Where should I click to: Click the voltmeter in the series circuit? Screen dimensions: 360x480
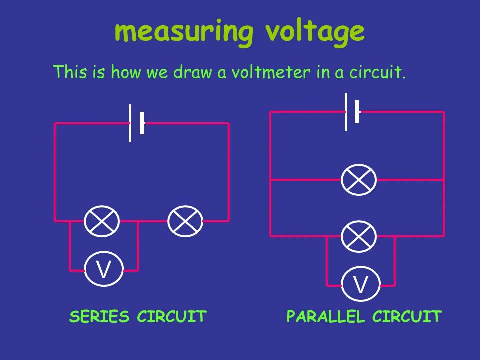pyautogui.click(x=103, y=270)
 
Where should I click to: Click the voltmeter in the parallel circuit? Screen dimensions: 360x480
pyautogui.click(x=360, y=284)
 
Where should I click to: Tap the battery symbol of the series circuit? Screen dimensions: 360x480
pyautogui.click(x=136, y=123)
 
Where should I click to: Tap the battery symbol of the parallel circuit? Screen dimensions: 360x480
pyautogui.click(x=351, y=111)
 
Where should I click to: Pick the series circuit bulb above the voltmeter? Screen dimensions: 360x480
pyautogui.click(x=102, y=221)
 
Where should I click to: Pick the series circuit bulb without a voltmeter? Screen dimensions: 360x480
pyautogui.click(x=185, y=221)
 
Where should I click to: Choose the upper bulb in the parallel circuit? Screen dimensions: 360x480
pyautogui.click(x=359, y=180)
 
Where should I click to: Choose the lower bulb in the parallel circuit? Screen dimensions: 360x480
pyautogui.click(x=359, y=236)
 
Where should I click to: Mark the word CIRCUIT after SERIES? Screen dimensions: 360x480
pyautogui.click(x=172, y=316)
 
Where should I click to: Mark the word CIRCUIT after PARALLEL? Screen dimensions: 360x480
pyautogui.click(x=407, y=316)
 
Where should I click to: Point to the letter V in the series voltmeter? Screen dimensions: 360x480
pyautogui.click(x=103, y=270)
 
